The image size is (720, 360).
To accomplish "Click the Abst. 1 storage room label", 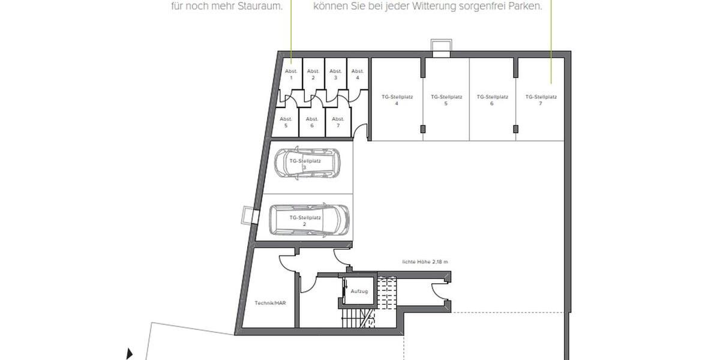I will point(291,74).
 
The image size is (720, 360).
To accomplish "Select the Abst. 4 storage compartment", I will point(357,74).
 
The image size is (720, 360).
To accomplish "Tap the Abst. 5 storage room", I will point(286,122).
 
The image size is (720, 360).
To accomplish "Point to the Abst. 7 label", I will point(338,122).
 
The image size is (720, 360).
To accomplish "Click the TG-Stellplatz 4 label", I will point(397,100).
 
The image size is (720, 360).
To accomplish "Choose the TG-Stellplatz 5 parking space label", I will point(446,100).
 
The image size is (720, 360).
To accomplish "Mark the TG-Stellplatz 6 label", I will point(492,100).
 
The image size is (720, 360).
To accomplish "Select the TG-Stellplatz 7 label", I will point(541,100).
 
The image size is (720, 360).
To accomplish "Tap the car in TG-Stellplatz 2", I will point(308,220).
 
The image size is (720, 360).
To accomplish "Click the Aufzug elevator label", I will point(359,291).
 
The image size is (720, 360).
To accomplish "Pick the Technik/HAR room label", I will point(271,304).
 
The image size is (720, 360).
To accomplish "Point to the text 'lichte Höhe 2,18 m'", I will point(425,262).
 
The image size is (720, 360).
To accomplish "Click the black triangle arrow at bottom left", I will point(130,354).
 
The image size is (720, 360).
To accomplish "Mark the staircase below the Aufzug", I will point(356,319).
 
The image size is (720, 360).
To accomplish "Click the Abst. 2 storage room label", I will point(312,74).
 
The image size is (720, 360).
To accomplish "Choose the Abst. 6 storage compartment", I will point(312,122).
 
